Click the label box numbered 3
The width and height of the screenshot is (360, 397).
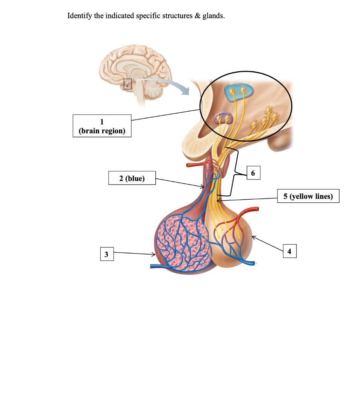point(106,254)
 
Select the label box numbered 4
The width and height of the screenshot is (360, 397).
point(289,251)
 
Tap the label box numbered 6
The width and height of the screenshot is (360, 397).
point(253,173)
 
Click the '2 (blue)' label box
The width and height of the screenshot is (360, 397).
point(132,178)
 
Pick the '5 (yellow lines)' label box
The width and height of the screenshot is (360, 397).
point(308,196)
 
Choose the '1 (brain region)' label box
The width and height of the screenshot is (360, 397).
point(102,126)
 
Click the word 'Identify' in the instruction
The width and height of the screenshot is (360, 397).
point(79,16)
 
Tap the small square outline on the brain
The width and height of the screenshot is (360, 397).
point(127,83)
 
